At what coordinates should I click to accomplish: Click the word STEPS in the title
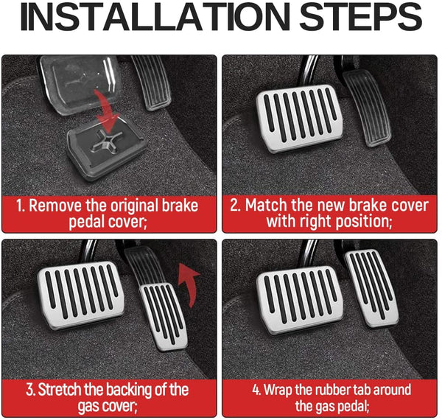tap(360, 17)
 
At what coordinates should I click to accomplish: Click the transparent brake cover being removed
tap(80, 83)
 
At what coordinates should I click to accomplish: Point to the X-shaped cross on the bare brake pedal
tap(107, 141)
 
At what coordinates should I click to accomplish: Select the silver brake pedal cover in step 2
tap(300, 119)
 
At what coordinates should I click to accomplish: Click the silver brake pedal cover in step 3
tap(81, 295)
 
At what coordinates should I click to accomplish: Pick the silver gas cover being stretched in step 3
tap(164, 317)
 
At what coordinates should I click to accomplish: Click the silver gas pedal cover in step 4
tap(371, 289)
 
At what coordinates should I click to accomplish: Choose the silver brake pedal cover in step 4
tap(300, 300)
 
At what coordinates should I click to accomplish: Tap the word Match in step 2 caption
tap(266, 205)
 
